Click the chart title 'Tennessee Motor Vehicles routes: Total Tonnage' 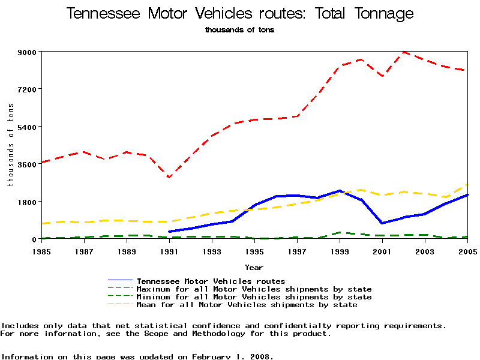point(239,14)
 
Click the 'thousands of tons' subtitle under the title point(239,29)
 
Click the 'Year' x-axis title point(254,267)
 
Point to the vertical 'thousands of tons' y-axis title point(11,145)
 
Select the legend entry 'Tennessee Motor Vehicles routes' point(211,281)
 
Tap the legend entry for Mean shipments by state point(247,305)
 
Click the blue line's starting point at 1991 point(169,232)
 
